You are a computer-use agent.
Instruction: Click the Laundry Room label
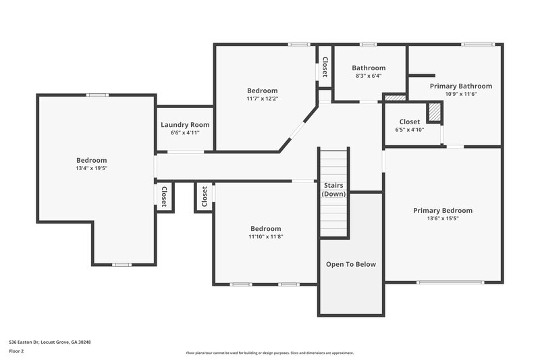185,125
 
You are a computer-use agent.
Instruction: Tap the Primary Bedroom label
443,211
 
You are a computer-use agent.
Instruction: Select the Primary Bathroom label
460,86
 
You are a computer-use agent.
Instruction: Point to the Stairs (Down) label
333,189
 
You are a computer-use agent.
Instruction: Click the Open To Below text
351,264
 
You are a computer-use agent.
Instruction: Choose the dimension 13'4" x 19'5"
91,168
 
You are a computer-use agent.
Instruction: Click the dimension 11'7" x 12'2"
262,99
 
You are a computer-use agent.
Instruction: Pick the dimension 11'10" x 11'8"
265,236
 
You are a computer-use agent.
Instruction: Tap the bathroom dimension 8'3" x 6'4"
368,76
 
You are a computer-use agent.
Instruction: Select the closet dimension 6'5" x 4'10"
410,130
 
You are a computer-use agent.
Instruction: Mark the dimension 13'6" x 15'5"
443,219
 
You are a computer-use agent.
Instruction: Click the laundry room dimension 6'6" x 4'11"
185,133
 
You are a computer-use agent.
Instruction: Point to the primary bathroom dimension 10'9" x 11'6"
460,95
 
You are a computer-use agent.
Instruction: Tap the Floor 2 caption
17,351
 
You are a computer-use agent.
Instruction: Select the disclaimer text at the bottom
270,353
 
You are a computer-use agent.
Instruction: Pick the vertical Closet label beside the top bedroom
325,66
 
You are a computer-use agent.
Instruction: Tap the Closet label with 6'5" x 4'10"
410,122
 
